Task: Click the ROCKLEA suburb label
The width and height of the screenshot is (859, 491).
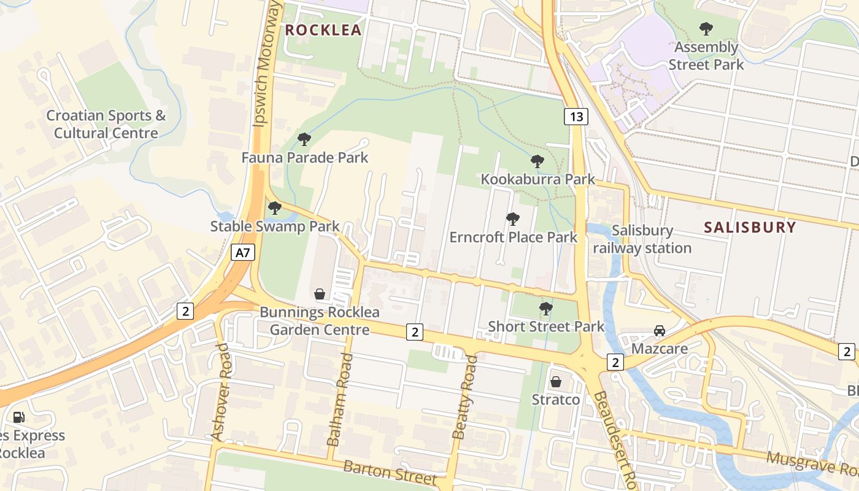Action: point(323,30)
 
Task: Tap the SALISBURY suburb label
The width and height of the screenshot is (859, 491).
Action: point(750,228)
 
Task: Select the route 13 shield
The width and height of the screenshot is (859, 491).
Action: point(577,117)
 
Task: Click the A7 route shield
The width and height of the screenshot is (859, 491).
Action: point(243,252)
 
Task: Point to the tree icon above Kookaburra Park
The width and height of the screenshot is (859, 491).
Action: point(537,161)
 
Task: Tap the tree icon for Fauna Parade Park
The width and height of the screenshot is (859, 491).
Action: point(304,139)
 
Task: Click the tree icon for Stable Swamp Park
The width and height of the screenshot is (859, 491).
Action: point(275,208)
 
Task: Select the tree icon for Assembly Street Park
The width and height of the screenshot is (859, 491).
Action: point(706,28)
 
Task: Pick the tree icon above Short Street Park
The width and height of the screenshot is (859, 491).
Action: point(545,308)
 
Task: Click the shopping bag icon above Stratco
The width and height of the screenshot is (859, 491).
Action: point(556,382)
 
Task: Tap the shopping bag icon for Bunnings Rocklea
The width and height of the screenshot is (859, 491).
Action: point(320,294)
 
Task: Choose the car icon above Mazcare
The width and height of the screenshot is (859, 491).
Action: point(660,331)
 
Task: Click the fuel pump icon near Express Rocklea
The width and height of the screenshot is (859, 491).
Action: point(19,417)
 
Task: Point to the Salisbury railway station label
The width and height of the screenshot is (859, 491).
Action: point(642,239)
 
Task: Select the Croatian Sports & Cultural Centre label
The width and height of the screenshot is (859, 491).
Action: point(106,124)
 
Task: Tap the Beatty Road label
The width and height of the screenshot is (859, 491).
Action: point(464,397)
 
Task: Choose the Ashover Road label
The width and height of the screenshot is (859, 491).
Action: point(220,392)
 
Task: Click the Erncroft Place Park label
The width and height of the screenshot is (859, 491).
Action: point(513,237)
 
